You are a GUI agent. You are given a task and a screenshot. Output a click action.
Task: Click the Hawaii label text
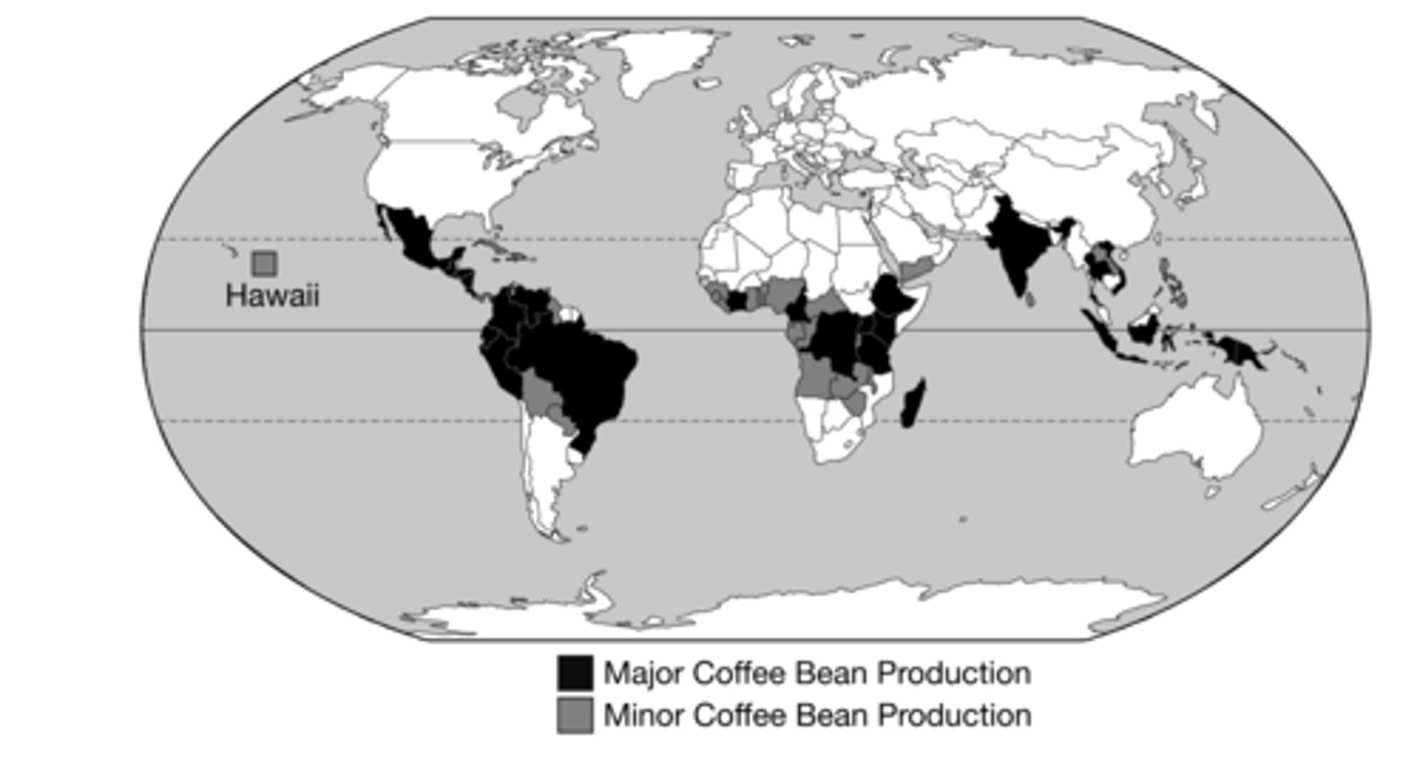[x=272, y=296]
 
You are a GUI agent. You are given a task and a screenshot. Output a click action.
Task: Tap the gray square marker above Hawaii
[x=264, y=263]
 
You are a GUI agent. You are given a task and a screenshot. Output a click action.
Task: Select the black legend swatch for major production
[x=575, y=672]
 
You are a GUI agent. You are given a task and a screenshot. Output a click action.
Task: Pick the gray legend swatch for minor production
[x=575, y=715]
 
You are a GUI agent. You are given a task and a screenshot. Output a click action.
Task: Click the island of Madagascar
[x=913, y=403]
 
